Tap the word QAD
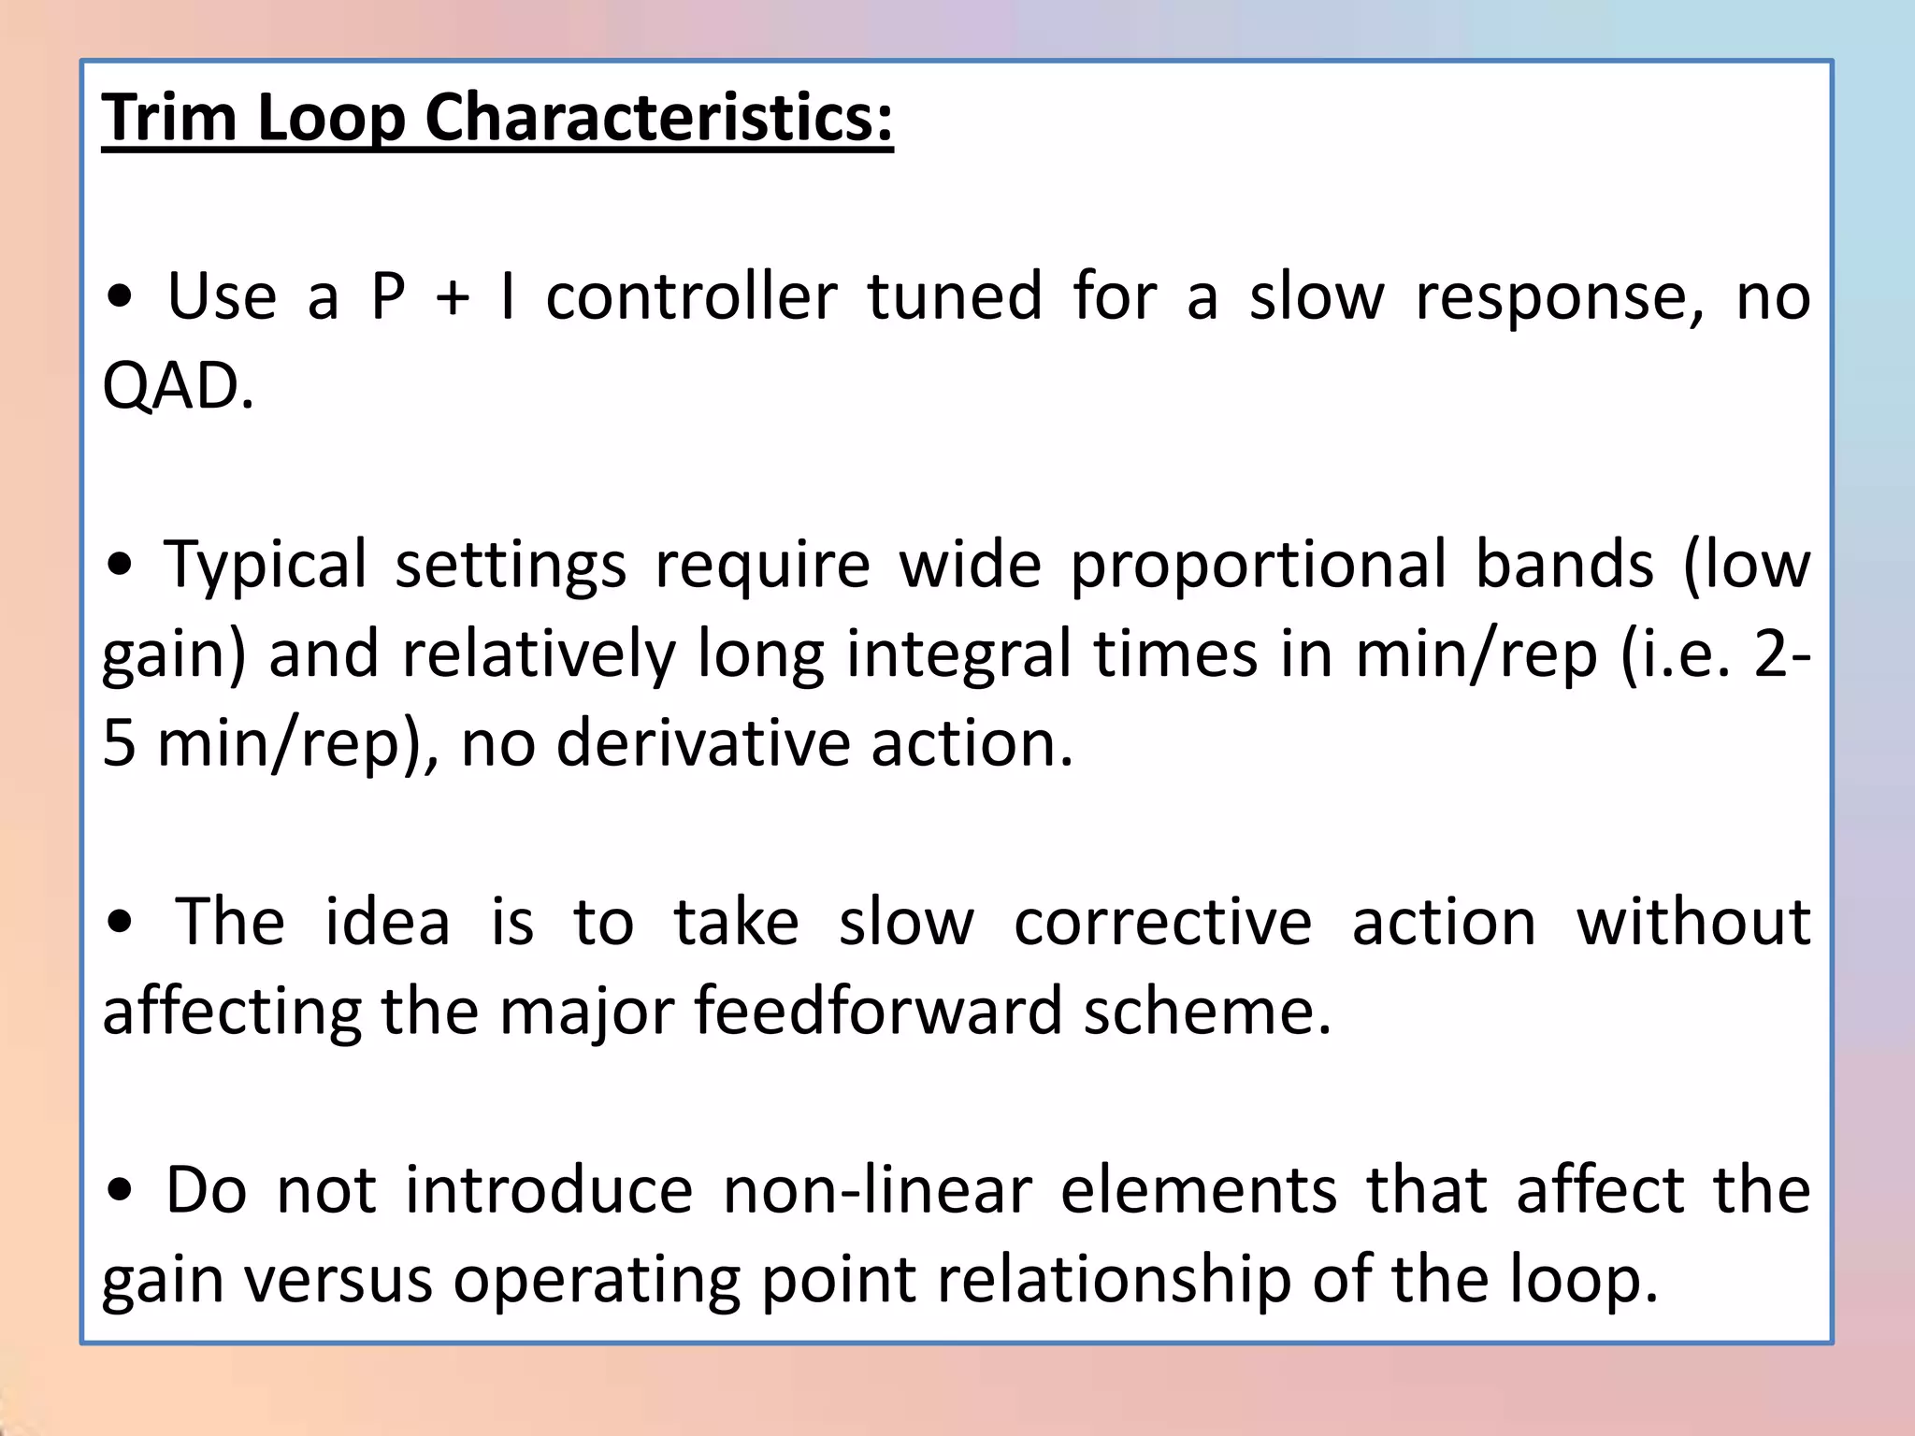(x=178, y=385)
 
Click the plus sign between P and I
(x=453, y=297)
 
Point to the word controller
(x=691, y=297)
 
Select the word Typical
(x=266, y=567)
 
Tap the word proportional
(x=1258, y=567)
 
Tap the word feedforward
(x=878, y=1012)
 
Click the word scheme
(x=1207, y=1012)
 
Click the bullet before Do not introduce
(x=121, y=1191)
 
